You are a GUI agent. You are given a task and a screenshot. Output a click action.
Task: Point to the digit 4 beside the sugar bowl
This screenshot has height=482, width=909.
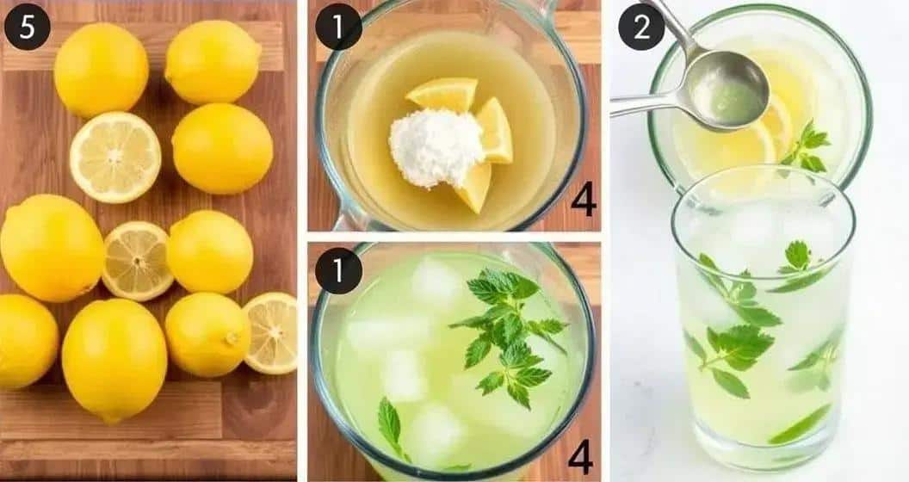click(x=583, y=200)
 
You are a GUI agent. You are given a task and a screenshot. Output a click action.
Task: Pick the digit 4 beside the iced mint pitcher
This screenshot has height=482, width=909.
click(x=580, y=456)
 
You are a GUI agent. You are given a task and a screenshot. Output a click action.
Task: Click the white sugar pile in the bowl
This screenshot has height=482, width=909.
click(x=436, y=147)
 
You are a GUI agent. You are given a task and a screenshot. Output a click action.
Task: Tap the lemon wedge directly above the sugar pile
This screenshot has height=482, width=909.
click(x=443, y=93)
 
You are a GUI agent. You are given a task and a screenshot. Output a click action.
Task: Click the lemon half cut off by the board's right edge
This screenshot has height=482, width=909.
click(x=272, y=331)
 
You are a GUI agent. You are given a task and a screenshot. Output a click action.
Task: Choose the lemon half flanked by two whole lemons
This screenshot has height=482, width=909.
click(x=137, y=260)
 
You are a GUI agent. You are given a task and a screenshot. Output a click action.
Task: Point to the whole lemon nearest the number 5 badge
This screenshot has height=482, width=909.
click(x=101, y=70)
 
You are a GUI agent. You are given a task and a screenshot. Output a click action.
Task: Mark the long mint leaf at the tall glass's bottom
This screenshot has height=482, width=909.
click(x=800, y=425)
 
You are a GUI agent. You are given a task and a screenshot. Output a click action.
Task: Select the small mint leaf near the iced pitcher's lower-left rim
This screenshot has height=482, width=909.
click(x=391, y=427)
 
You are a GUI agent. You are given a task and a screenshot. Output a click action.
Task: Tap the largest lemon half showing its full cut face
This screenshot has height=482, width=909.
click(x=114, y=158)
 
